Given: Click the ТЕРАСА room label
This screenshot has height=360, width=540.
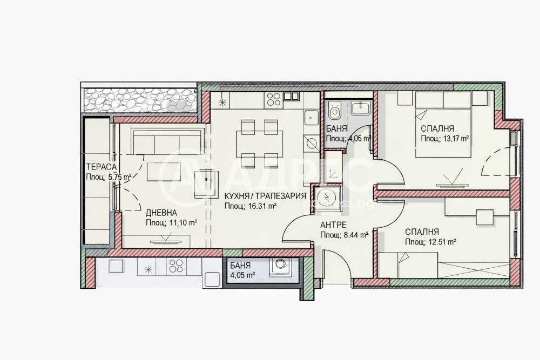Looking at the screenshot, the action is (102, 167).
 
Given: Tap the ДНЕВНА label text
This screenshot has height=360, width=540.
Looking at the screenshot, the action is (161, 213).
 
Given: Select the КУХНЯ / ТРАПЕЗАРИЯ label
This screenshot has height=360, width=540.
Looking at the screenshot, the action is (265, 196).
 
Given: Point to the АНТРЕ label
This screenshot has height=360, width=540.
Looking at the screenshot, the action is (333, 226).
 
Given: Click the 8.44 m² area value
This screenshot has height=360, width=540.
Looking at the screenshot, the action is (356, 235).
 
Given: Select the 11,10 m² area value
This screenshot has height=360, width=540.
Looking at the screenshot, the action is (183, 223).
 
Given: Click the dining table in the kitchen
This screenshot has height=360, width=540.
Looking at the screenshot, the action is (260, 144).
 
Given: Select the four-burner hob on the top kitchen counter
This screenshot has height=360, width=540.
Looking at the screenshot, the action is (273, 100).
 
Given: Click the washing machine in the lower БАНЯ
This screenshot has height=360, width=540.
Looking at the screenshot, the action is (280, 267).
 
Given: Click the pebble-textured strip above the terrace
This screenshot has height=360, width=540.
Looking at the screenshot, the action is (140, 100).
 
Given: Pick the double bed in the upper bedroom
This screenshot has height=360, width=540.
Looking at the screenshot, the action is (443, 124).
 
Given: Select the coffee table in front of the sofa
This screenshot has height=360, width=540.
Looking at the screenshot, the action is (164, 172).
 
